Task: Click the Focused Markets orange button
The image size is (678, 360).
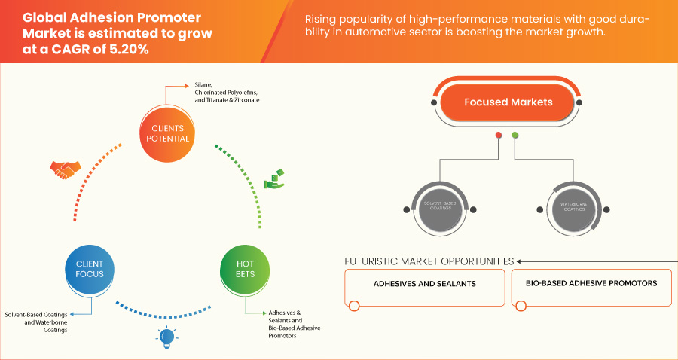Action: coord(508,102)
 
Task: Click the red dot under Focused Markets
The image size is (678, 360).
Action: coord(498,136)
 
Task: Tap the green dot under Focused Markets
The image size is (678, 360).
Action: coord(515,136)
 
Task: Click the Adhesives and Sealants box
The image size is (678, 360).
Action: coord(425,284)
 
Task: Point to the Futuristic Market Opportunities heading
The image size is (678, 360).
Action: coord(429,261)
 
